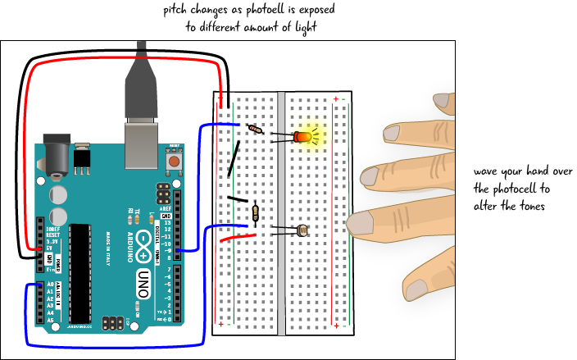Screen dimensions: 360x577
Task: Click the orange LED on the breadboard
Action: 303,137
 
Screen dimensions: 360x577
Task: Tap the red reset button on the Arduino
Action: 174,163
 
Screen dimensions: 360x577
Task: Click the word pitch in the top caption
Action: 177,9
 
